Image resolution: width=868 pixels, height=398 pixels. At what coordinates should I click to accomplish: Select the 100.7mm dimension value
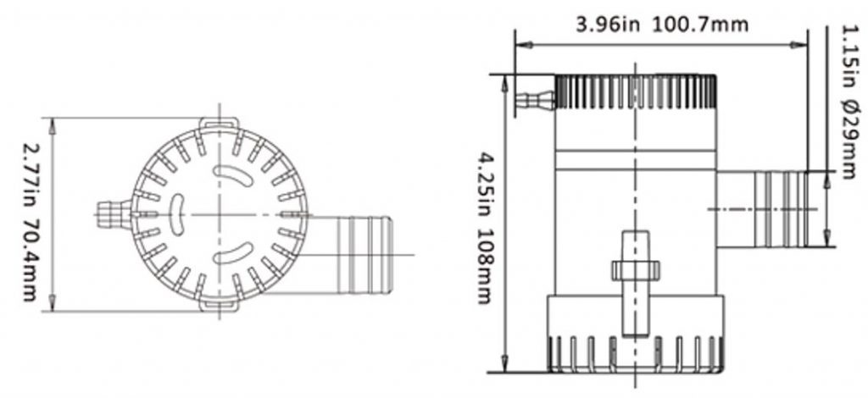pos(699,25)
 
